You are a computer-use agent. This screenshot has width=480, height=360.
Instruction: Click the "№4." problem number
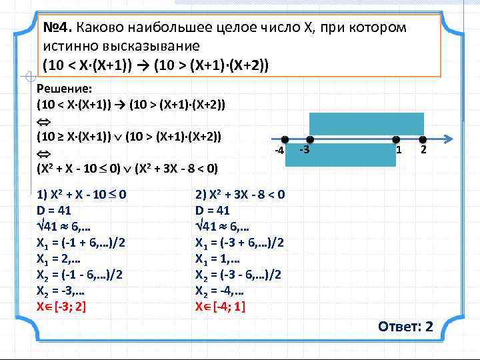coord(58,29)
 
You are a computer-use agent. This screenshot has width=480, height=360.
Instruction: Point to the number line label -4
coord(280,153)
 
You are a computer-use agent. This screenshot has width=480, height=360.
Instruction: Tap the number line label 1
coord(399,151)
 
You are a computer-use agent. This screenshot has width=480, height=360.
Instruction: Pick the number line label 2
coord(422,151)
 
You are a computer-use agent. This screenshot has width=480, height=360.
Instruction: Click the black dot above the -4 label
coord(284,140)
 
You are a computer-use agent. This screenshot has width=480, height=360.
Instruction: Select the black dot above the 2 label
coord(422,140)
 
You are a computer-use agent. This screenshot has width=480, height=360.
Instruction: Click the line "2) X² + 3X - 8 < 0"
coord(240,195)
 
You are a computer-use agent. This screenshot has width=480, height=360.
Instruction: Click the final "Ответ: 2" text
coord(405,327)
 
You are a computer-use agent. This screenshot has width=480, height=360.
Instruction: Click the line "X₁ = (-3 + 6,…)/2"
coord(240,243)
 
